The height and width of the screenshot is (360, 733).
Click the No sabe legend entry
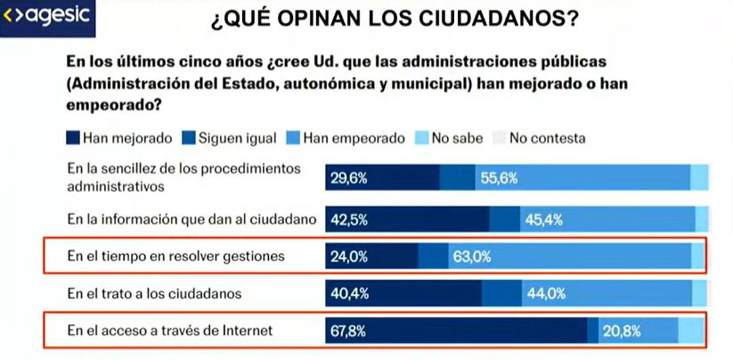coord(451,138)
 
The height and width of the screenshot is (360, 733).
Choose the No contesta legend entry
coord(539,138)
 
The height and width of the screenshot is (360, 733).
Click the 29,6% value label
coord(348,178)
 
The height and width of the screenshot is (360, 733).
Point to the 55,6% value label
coord(499,178)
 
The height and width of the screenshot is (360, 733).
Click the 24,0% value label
coord(348,257)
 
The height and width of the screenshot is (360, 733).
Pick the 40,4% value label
coord(348,293)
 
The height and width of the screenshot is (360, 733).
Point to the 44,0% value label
coord(546,293)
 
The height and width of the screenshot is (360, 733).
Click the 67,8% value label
coord(348,331)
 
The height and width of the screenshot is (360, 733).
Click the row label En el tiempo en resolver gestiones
coord(175,257)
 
